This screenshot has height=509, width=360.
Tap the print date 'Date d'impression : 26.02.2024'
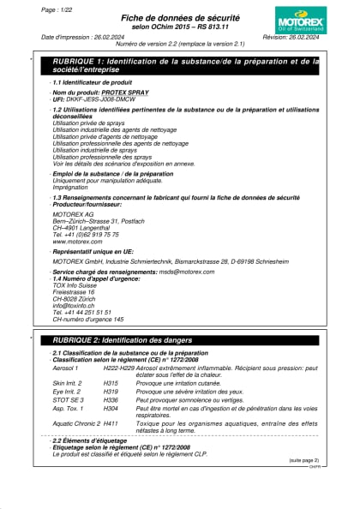click(x=82, y=38)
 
